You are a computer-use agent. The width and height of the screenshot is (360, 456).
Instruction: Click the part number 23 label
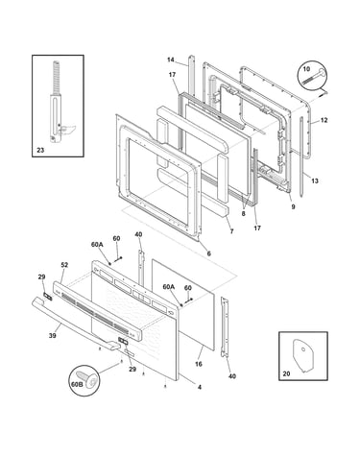(40, 150)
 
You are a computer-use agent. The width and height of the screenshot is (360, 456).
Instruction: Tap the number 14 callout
(171, 60)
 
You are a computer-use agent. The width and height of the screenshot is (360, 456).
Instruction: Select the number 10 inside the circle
(306, 69)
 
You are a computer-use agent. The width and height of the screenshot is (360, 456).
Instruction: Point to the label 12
(324, 120)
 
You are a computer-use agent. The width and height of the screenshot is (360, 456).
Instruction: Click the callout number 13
(315, 180)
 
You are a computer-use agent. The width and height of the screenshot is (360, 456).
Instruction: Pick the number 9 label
(293, 206)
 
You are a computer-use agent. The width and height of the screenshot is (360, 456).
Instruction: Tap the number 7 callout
(231, 231)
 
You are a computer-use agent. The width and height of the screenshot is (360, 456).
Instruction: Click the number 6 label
(209, 253)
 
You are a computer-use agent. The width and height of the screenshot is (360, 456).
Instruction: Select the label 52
(64, 265)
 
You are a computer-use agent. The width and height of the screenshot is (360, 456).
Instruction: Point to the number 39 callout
(53, 335)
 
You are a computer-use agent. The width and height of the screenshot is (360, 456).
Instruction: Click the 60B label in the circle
(77, 384)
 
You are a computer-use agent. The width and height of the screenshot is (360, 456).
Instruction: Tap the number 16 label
(199, 364)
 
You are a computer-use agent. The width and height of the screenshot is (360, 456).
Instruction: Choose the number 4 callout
(200, 387)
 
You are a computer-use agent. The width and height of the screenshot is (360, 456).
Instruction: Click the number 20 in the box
(286, 373)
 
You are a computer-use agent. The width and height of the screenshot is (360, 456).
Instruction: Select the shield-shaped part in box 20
(303, 355)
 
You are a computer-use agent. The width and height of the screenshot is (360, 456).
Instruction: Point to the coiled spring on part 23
(57, 78)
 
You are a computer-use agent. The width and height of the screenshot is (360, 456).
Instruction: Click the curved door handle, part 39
(76, 324)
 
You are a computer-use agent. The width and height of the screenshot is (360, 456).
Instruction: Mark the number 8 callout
(243, 213)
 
